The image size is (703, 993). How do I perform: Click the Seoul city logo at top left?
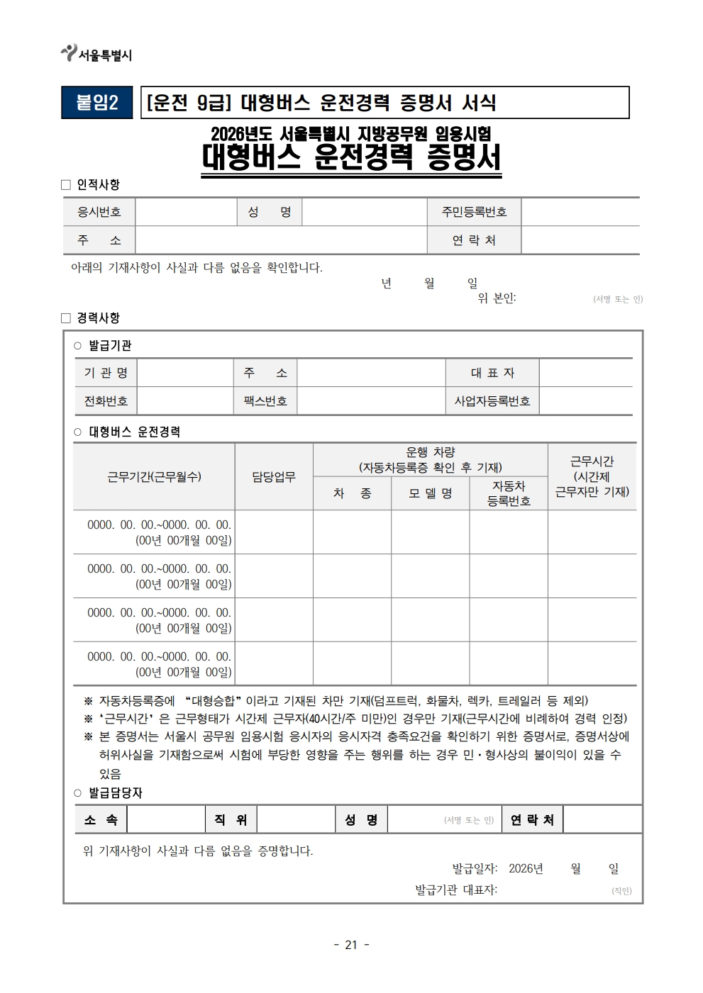point(69,53)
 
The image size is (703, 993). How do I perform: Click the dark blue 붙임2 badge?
point(97,103)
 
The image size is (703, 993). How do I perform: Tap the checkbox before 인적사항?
point(66,185)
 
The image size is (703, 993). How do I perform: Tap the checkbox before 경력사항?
point(66,318)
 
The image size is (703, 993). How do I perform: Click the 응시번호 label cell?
point(99,212)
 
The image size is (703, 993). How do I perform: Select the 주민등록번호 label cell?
point(474,212)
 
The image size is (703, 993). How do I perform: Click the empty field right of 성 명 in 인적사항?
point(364,212)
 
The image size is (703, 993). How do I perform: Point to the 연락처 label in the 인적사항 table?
point(474,240)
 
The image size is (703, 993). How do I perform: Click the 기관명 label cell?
point(106,373)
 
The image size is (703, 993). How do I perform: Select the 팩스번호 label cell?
point(265,401)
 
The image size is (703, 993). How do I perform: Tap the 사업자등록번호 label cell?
point(492,401)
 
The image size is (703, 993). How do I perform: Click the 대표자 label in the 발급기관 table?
point(492,373)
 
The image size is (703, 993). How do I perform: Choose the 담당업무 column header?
point(274,477)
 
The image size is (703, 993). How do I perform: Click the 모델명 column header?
point(430,493)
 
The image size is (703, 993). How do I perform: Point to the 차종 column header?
point(352,493)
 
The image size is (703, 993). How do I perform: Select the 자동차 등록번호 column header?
point(509,493)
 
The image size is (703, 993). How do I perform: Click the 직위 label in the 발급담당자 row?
point(231,820)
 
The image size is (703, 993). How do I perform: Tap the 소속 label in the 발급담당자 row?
point(101,820)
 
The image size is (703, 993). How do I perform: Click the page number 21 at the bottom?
point(351,945)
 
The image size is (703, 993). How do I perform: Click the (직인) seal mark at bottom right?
point(621,891)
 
